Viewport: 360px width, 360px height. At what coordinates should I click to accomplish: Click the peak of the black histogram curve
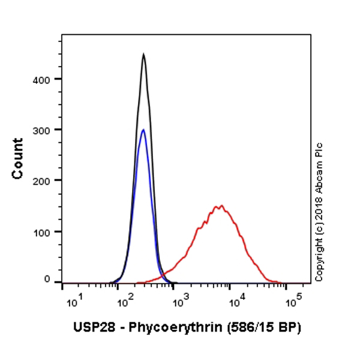point(143,55)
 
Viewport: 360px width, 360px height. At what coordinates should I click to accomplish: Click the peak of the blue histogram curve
point(143,130)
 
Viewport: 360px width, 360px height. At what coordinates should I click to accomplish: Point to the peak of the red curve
point(221,206)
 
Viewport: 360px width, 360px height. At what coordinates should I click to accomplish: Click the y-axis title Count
point(18,158)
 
